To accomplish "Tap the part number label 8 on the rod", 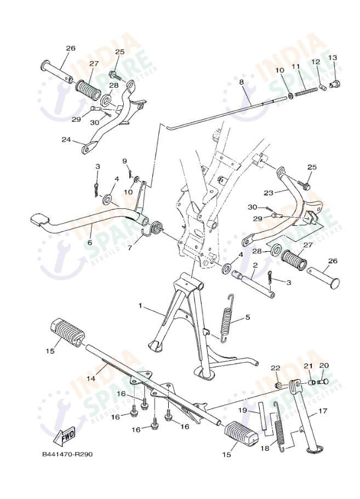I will [x=241, y=82].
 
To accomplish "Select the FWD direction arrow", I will [x=65, y=436].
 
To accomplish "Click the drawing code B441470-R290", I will [x=71, y=455].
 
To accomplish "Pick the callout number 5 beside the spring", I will [x=248, y=317].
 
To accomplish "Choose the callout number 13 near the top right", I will [x=332, y=58].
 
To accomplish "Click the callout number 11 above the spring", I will [x=296, y=66].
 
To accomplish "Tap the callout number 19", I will [x=242, y=410].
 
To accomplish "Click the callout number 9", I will [x=125, y=161].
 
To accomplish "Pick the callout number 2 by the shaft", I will [x=255, y=265].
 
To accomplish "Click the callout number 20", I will [x=324, y=366].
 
